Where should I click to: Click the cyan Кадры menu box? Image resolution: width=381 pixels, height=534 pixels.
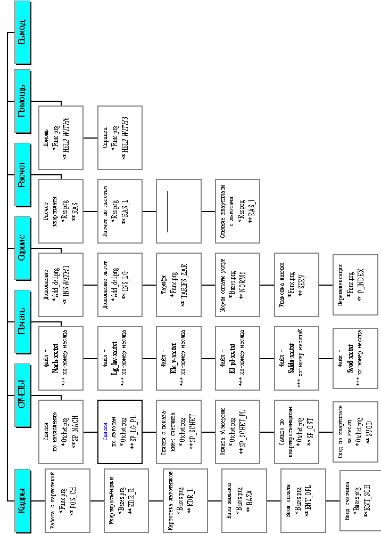pyautogui.click(x=22, y=500)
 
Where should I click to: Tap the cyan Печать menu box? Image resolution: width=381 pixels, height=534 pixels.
pyautogui.click(x=22, y=322)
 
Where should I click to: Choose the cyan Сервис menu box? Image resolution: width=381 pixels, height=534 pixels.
pyautogui.click(x=22, y=248)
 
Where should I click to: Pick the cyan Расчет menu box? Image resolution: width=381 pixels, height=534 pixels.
pyautogui.click(x=22, y=174)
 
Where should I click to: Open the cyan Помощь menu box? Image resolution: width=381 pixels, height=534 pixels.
pyautogui.click(x=22, y=101)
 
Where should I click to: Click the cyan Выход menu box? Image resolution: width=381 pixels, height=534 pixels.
pyautogui.click(x=22, y=31)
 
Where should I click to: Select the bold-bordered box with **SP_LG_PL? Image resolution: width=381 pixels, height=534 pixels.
pyautogui.click(x=120, y=431)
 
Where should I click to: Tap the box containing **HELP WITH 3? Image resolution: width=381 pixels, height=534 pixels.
pyautogui.click(x=120, y=137)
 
